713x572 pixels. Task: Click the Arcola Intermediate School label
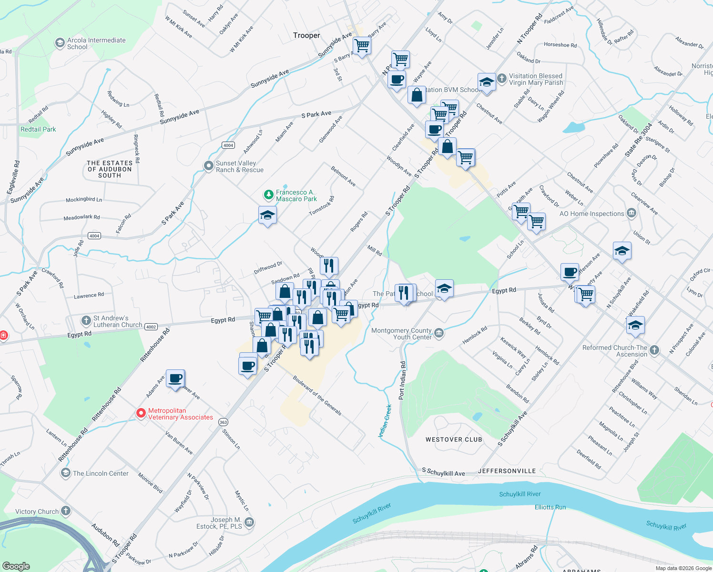(96, 43)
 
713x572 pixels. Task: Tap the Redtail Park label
(38, 129)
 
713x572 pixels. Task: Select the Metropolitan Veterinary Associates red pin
(141, 413)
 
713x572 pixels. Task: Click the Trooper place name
(306, 35)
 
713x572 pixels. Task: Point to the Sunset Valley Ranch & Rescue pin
(209, 166)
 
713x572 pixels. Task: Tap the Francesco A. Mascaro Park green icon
(269, 195)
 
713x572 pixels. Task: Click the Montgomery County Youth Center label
(401, 334)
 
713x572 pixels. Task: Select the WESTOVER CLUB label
(454, 439)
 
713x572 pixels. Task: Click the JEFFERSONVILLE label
(507, 471)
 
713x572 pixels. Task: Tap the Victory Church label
(37, 511)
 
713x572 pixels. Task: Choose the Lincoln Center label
(101, 473)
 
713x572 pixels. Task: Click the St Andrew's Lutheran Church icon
(86, 320)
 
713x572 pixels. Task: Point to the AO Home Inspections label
(591, 214)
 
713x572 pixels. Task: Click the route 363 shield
(223, 422)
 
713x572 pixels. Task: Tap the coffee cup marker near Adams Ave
(175, 378)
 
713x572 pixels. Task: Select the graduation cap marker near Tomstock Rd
(267, 215)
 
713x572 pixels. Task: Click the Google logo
(16, 566)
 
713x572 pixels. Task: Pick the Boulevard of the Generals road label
(317, 395)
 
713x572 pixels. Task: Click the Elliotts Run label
(550, 507)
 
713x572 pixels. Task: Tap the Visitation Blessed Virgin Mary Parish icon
(502, 78)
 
